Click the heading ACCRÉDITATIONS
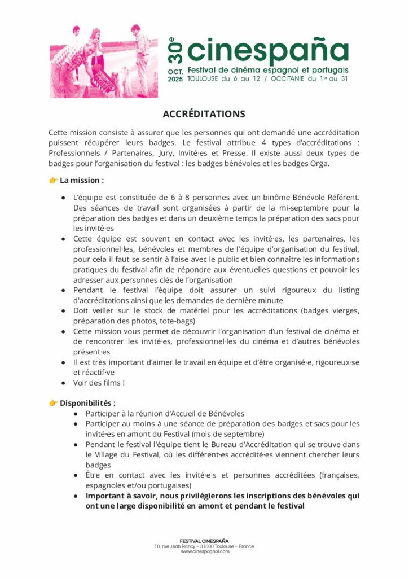204,114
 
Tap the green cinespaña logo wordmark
267,52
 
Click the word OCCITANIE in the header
285,78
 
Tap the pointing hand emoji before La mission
53,181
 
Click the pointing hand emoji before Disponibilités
53,403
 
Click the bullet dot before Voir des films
63,382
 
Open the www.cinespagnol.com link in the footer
204,551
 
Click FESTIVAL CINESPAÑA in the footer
204,541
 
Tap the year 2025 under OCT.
175,80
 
